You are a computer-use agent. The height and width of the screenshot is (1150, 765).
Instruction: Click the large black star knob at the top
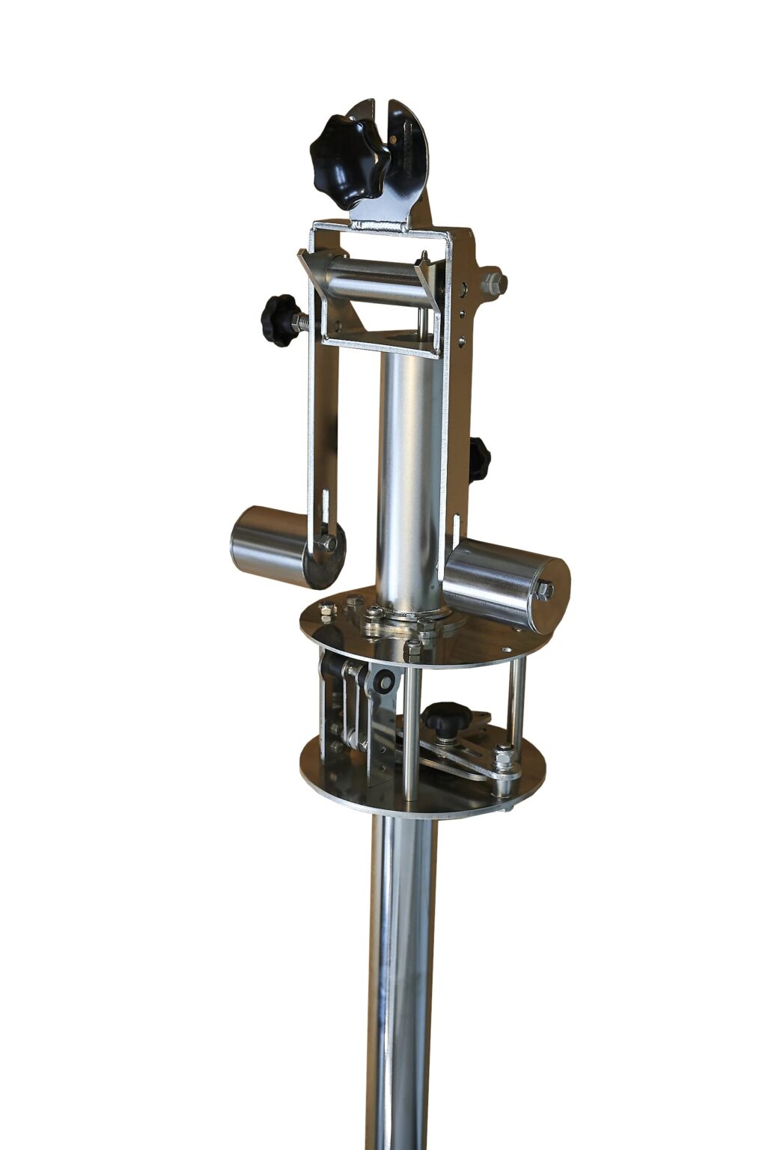[x=349, y=161]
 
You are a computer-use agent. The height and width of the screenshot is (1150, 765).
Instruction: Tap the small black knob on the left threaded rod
[x=279, y=320]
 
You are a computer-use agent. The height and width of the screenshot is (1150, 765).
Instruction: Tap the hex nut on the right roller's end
[x=545, y=591]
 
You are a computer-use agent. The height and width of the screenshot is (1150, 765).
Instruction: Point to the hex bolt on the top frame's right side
[x=493, y=283]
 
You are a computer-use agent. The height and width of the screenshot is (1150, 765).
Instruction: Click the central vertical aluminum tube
[x=409, y=472]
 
